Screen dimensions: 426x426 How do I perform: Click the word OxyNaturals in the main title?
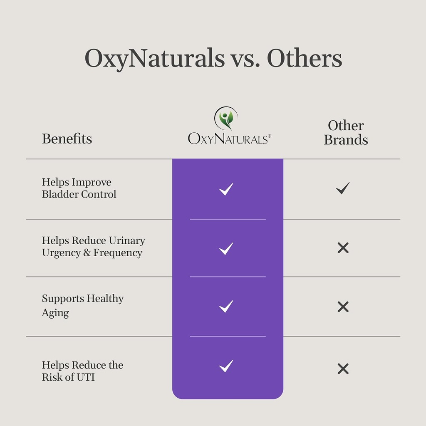click(154, 59)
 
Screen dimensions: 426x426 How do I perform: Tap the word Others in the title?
click(304, 59)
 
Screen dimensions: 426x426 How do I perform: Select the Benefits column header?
click(67, 139)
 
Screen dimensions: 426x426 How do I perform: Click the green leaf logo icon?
click(226, 119)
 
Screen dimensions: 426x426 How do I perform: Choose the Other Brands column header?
click(346, 133)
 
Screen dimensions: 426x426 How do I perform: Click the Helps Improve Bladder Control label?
click(79, 188)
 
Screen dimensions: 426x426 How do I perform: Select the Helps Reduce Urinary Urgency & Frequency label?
click(94, 247)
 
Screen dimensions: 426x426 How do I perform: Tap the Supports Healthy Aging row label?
click(82, 305)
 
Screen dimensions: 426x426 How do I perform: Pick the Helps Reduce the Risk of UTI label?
click(82, 371)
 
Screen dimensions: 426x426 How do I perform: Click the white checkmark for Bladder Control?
click(226, 189)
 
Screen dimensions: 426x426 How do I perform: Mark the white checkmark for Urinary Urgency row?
click(226, 249)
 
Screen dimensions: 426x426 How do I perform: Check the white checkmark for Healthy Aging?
click(226, 307)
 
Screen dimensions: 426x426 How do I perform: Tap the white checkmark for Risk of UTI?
click(226, 367)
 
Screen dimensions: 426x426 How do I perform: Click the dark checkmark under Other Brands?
click(343, 188)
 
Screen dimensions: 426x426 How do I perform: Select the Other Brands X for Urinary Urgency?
click(343, 248)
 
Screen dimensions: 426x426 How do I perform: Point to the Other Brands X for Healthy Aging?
click(343, 307)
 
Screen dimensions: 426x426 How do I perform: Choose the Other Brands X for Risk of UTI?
click(343, 369)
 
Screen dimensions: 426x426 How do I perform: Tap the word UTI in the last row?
click(86, 377)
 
